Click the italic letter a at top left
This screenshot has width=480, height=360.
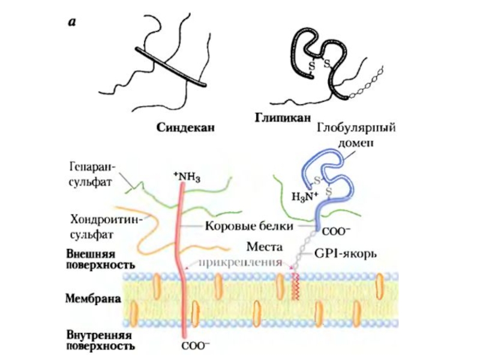pos(72,23)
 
